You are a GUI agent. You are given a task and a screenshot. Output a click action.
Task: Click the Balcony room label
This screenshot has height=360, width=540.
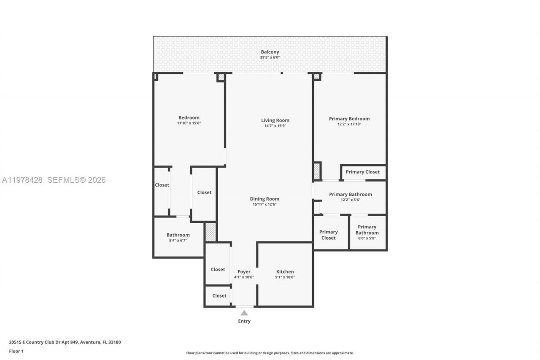[x=270, y=52]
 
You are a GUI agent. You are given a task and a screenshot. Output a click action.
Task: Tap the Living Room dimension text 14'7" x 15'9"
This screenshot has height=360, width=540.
[x=275, y=126]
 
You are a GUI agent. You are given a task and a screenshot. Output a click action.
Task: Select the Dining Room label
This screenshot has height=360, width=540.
[x=265, y=199]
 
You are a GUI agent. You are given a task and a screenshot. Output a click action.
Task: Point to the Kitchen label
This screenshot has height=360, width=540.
[x=285, y=271]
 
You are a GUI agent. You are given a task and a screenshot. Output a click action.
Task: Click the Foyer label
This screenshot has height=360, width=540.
[x=244, y=271]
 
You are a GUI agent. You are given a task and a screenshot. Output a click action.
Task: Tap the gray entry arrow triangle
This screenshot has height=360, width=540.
[x=244, y=313]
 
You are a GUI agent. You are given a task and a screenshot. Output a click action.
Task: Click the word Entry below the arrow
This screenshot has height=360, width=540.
[x=244, y=321]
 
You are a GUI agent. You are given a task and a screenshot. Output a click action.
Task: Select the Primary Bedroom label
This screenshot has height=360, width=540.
[x=349, y=119]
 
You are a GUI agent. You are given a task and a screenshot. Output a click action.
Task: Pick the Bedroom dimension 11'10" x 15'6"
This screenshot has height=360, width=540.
[x=189, y=123]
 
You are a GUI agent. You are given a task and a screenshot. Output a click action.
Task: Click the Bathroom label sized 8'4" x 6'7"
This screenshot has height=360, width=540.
[x=178, y=235]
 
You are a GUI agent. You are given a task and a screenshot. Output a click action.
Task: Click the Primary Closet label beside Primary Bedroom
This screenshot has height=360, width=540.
[x=362, y=172]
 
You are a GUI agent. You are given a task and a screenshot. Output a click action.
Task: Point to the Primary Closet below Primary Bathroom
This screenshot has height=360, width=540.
[x=328, y=235]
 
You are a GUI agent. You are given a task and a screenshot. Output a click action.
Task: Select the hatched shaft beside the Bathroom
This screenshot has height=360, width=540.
[x=211, y=232]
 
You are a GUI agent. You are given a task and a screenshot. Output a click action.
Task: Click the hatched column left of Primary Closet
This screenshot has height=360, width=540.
[x=317, y=171]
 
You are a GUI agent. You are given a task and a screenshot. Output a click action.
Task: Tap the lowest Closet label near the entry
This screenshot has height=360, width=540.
[x=219, y=296]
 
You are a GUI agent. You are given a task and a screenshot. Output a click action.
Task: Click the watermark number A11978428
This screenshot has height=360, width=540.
[x=22, y=180]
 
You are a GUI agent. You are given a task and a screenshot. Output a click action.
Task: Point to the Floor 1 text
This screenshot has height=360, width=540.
[x=16, y=351]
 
